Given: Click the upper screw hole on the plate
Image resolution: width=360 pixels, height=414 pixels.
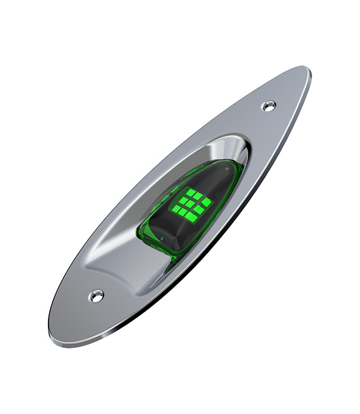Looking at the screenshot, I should click(x=269, y=106).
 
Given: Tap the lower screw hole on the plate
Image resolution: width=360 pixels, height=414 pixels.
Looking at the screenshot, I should click(x=96, y=295).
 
